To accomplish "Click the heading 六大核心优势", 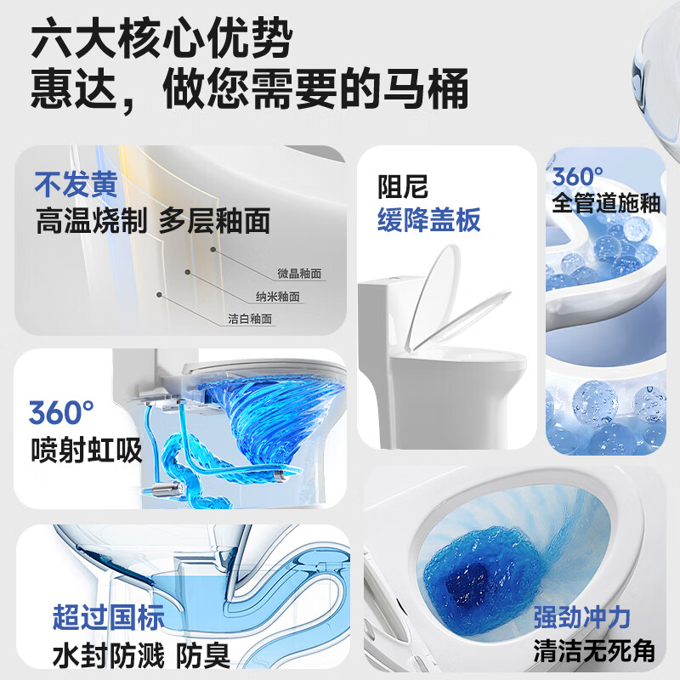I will pyautogui.click(x=161, y=39).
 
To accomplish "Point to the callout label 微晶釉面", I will pyautogui.click(x=300, y=274).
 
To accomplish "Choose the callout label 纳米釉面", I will pyautogui.click(x=277, y=297).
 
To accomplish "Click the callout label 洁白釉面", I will pyautogui.click(x=250, y=320).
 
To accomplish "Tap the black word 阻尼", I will pyautogui.click(x=403, y=186).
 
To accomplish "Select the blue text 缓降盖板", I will pyautogui.click(x=429, y=220).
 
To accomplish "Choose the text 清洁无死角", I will pyautogui.click(x=594, y=651).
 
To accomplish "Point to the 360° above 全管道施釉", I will pyautogui.click(x=578, y=176).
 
